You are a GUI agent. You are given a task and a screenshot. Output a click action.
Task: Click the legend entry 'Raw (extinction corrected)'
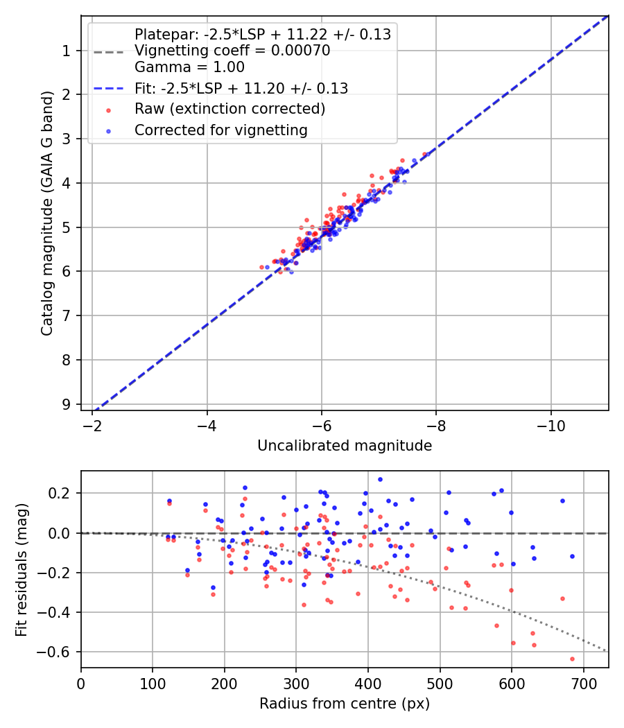click(229, 109)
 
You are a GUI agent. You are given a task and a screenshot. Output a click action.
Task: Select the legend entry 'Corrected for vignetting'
click(221, 130)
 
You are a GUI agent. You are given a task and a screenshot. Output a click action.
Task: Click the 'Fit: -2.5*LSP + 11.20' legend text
click(241, 88)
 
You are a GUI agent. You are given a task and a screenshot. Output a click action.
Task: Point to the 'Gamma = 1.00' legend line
click(189, 67)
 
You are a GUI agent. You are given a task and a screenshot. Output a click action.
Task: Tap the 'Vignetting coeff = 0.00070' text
click(232, 51)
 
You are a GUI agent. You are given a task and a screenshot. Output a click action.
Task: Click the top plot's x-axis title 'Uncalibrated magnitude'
click(345, 446)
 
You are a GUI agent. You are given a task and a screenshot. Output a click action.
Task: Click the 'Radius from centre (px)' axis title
click(345, 704)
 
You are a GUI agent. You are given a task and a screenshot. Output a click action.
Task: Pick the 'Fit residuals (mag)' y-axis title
click(22, 569)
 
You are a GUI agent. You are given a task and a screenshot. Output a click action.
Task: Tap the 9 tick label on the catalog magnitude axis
click(67, 404)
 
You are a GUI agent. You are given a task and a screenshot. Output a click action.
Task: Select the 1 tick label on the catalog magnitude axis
click(67, 51)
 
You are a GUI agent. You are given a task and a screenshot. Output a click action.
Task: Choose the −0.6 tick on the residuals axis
click(59, 652)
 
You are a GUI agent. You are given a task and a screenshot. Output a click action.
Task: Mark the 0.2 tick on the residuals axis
click(64, 493)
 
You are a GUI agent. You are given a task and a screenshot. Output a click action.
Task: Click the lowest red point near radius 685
click(572, 659)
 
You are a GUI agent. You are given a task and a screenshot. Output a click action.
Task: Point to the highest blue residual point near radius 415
click(380, 479)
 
